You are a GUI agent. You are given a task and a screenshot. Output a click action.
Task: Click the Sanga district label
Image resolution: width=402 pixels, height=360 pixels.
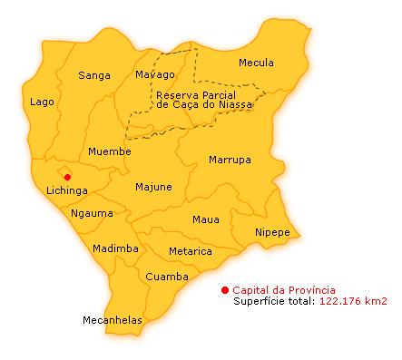tap(94, 75)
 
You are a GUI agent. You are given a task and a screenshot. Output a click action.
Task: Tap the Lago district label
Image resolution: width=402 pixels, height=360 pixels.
tap(42, 102)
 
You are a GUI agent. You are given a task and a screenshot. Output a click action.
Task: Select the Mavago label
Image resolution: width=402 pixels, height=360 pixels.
tap(154, 74)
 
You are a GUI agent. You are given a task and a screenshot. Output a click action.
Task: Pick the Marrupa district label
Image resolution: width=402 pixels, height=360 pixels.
tap(230, 160)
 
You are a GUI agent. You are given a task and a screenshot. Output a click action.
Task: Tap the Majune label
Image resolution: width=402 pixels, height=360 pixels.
tap(153, 188)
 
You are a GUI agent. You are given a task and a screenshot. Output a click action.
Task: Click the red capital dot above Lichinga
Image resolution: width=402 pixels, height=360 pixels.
tap(67, 176)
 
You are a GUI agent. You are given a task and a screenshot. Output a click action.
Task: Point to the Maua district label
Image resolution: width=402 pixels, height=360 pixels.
tap(206, 219)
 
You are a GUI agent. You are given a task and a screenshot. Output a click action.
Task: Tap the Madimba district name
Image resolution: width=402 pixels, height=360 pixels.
tap(115, 248)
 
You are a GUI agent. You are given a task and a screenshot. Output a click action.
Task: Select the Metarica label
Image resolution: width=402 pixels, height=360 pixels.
tap(191, 251)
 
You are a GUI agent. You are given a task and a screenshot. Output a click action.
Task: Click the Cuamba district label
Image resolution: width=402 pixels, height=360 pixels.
tap(167, 277)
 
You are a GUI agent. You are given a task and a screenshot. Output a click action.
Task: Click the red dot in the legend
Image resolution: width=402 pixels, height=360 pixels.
tap(225, 289)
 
